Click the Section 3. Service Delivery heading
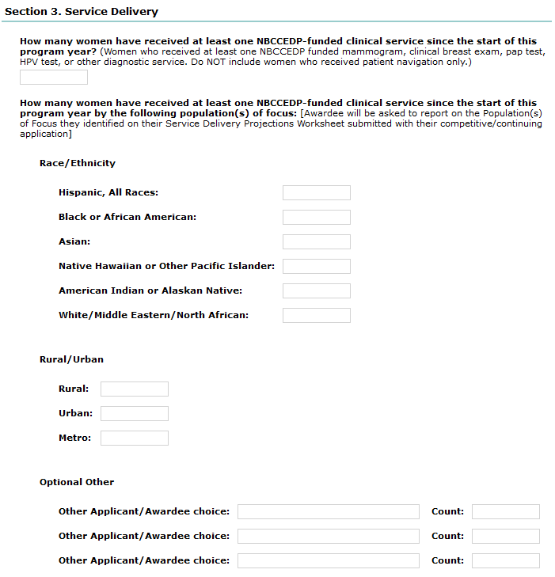click(x=82, y=12)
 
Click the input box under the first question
click(x=54, y=78)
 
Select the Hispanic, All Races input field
click(x=316, y=193)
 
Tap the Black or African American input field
click(x=316, y=218)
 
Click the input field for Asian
click(x=316, y=242)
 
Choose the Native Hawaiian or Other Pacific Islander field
click(x=316, y=267)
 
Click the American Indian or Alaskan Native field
click(x=316, y=291)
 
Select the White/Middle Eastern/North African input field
click(x=316, y=316)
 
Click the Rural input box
click(x=135, y=389)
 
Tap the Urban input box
click(x=135, y=414)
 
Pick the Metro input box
click(x=135, y=438)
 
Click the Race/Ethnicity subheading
click(x=78, y=163)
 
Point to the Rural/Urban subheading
click(x=71, y=359)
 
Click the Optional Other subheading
click(x=77, y=482)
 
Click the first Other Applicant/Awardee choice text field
click(x=328, y=512)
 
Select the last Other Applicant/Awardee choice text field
click(x=328, y=561)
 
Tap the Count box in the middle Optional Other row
click(x=505, y=537)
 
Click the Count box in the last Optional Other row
click(x=505, y=561)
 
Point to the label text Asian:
click(x=74, y=242)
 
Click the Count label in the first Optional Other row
click(x=447, y=512)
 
